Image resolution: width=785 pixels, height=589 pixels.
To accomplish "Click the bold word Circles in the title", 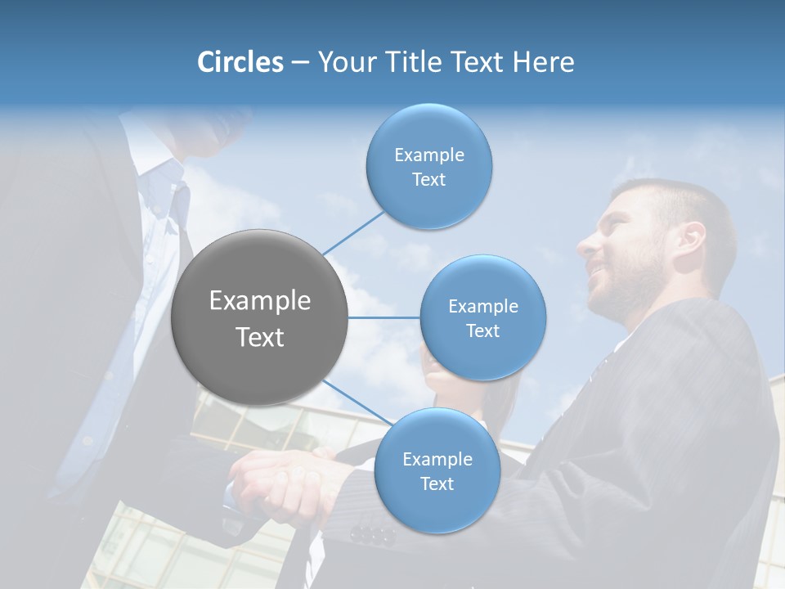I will [x=240, y=62].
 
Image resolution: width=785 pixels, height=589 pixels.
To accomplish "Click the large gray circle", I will [x=260, y=317].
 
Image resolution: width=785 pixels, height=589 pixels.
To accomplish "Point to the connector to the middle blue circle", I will [x=384, y=317].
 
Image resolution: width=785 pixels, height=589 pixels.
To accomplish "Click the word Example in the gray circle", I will [x=260, y=301].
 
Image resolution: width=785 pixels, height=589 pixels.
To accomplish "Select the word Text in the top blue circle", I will [x=428, y=180].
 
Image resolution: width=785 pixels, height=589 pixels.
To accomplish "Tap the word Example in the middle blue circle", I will [x=482, y=307].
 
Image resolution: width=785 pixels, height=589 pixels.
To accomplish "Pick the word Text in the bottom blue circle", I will [x=437, y=484].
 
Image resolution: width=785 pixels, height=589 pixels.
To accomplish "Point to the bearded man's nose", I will [x=587, y=244].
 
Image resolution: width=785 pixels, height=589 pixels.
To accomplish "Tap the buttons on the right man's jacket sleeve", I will [x=372, y=534].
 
